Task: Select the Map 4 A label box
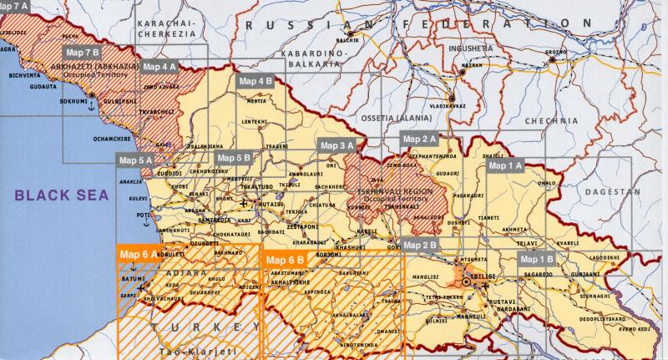[160, 66]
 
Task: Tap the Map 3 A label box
[337, 145]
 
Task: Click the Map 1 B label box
[537, 259]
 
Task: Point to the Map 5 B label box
[233, 157]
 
